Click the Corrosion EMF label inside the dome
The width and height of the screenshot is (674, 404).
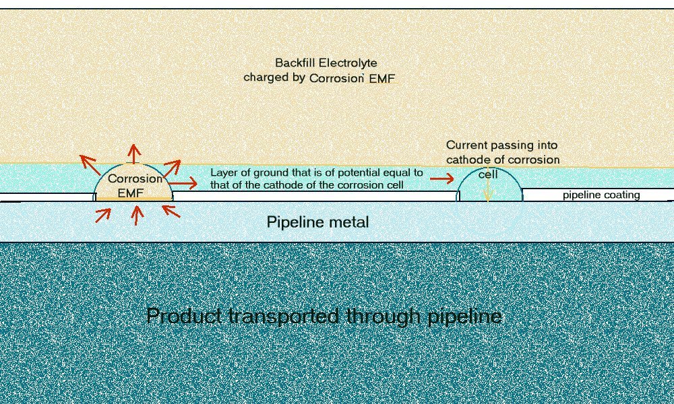pos(135,186)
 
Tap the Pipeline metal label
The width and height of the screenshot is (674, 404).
pos(317,222)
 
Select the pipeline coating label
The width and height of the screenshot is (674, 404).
pos(601,195)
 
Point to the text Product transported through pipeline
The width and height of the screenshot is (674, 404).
pos(324,315)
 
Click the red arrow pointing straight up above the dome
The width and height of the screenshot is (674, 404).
pos(135,154)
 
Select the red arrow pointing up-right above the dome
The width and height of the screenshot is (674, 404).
pos(172,166)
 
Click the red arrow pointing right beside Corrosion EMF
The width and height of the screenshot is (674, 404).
pos(183,183)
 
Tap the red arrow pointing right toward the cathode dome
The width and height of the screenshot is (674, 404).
pos(441,178)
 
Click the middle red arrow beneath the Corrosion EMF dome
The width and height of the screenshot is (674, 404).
pos(137,214)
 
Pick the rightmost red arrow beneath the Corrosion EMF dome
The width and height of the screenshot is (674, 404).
pos(171,211)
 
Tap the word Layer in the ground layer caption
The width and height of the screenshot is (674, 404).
pos(224,172)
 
